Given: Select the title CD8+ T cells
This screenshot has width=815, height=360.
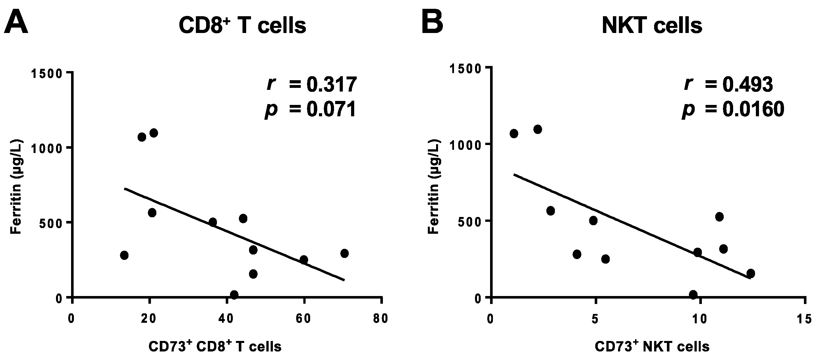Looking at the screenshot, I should pyautogui.click(x=242, y=25).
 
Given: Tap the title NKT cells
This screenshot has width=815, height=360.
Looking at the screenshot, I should pyautogui.click(x=652, y=25).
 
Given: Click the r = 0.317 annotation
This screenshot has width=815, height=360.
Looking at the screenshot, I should pyautogui.click(x=311, y=84).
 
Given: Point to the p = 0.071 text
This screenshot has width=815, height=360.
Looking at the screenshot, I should pyautogui.click(x=311, y=109).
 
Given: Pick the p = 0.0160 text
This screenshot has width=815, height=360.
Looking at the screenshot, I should pyautogui.click(x=733, y=109).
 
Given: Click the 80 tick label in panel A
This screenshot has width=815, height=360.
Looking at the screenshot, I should pyautogui.click(x=381, y=319).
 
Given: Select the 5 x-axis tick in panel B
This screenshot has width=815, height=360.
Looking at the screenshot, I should pyautogui.click(x=595, y=319).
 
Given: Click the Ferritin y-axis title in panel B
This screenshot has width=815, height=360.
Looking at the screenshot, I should pyautogui.click(x=434, y=187).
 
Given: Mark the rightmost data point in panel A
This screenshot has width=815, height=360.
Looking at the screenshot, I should pyautogui.click(x=344, y=253).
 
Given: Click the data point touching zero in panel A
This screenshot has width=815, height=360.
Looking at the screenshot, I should pyautogui.click(x=234, y=295).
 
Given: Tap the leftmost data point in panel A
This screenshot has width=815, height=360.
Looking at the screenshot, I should pyautogui.click(x=124, y=255).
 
